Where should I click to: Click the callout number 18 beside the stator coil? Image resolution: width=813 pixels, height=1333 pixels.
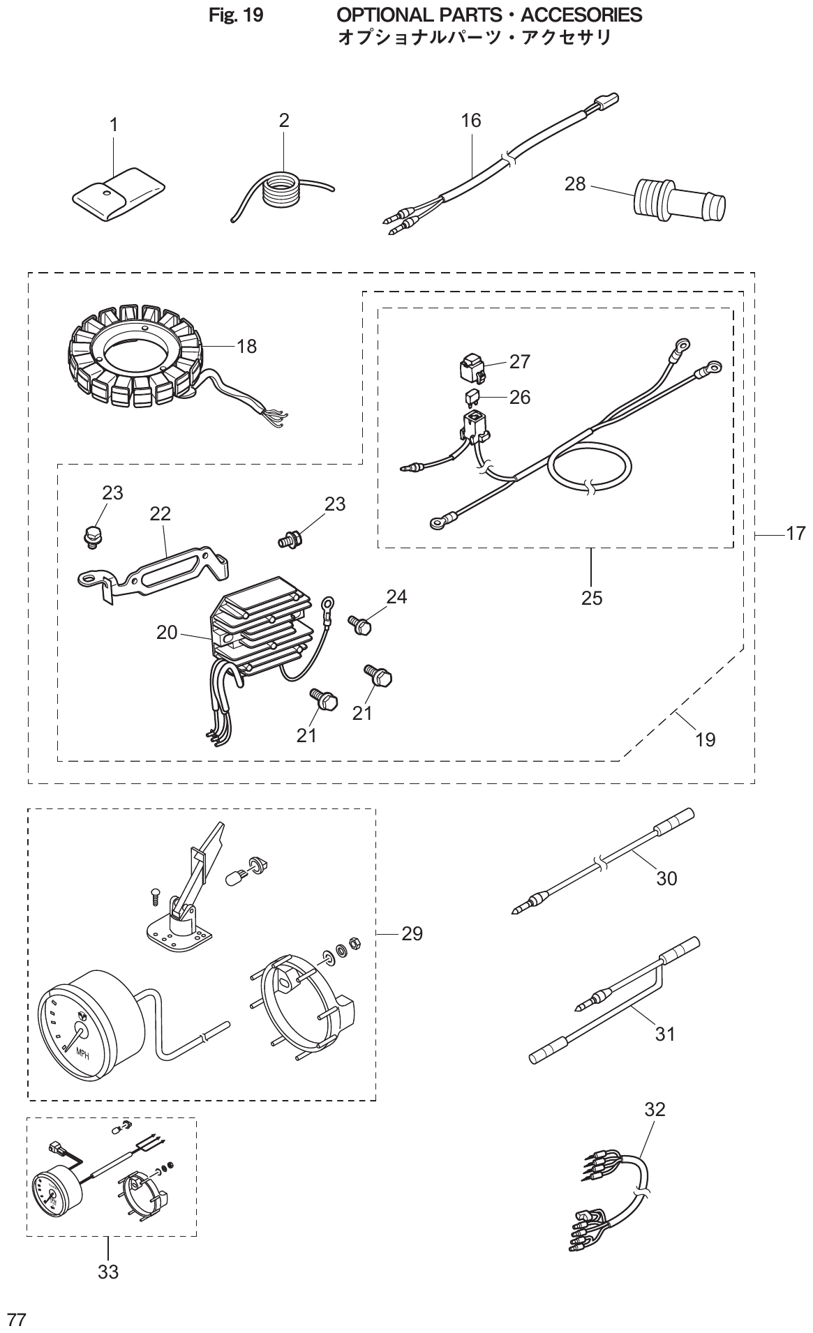click(246, 346)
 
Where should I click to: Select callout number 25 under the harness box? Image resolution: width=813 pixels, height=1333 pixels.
click(591, 598)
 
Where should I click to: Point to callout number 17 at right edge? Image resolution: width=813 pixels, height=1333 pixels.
click(795, 534)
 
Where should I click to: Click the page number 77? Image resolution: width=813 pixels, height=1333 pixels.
click(16, 1318)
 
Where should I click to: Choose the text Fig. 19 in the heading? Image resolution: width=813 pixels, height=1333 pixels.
click(236, 15)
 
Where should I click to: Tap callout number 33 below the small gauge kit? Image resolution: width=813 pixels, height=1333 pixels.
click(108, 1272)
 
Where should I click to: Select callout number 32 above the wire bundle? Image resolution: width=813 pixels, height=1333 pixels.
click(655, 1108)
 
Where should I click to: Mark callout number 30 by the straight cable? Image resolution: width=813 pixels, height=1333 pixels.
click(666, 879)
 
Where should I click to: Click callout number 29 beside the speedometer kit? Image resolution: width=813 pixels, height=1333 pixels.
click(412, 933)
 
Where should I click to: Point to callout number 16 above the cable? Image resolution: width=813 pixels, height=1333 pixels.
click(471, 121)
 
